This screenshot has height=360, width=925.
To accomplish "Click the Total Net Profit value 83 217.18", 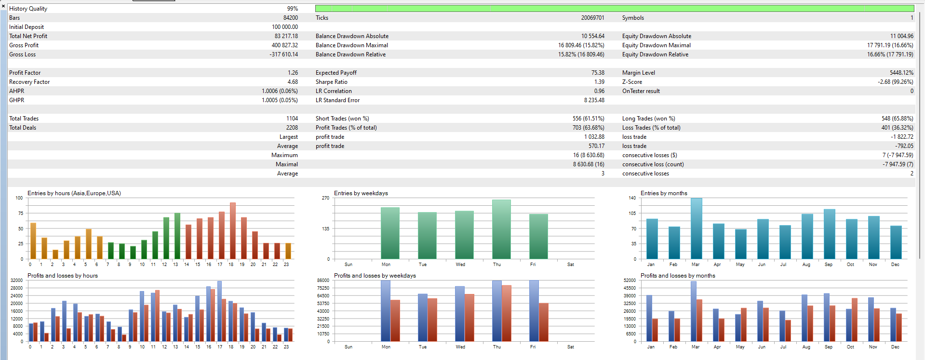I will click(286, 36).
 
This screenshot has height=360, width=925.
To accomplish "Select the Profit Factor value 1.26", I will click(293, 73).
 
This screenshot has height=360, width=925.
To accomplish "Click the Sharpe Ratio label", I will click(331, 82).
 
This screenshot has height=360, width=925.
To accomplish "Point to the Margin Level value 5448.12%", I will click(901, 73).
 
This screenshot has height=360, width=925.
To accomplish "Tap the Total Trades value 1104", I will click(292, 119).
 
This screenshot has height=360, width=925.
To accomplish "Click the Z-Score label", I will click(632, 82).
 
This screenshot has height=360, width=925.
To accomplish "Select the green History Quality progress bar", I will click(614, 9).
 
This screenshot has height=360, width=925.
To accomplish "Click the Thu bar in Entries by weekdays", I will click(501, 229).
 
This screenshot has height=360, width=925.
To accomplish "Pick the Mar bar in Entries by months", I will click(696, 228).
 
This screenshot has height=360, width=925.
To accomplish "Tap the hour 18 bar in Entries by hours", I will click(233, 231).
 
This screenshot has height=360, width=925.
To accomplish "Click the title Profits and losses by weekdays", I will click(375, 276).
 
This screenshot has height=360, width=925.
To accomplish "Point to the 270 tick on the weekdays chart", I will click(325, 198).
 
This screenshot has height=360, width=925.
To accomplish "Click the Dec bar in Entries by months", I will click(896, 242).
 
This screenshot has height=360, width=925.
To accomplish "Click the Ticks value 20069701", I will click(592, 18).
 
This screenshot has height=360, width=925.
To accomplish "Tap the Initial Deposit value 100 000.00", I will click(284, 27).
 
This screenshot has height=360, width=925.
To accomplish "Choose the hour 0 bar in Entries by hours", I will click(33, 241).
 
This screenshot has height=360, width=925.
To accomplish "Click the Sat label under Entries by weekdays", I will click(571, 265).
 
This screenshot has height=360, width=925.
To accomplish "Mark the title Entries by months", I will click(664, 193).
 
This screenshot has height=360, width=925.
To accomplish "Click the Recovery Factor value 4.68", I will click(293, 82).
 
